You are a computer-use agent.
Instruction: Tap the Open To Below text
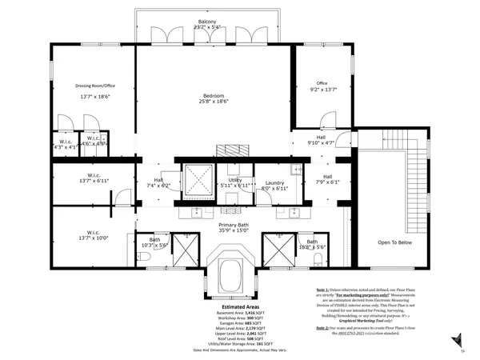(395, 242)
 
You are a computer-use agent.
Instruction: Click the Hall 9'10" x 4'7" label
(321, 140)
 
